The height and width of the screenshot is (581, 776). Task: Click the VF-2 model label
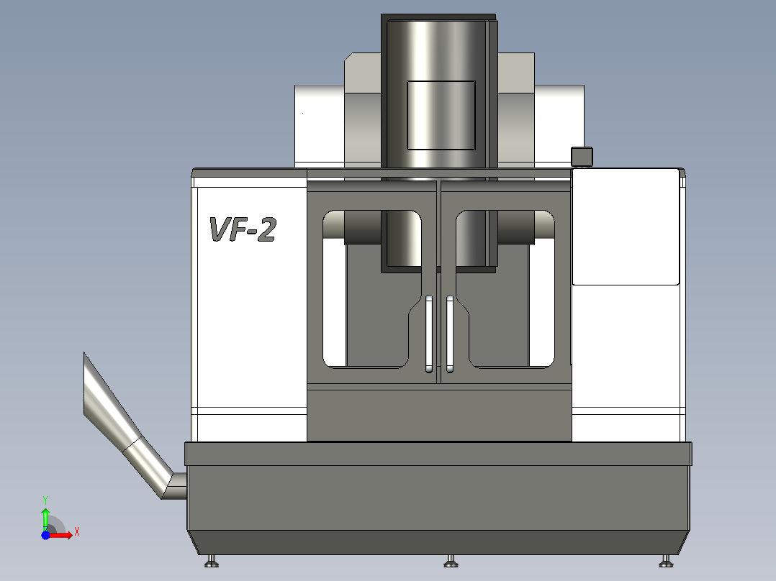[x=243, y=229]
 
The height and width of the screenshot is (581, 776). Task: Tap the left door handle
[x=429, y=334]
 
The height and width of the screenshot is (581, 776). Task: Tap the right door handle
[x=450, y=334]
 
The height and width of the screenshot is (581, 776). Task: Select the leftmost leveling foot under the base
[x=212, y=561]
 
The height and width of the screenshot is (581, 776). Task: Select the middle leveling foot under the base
[x=451, y=561]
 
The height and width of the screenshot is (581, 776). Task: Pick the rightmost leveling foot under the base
[x=666, y=561]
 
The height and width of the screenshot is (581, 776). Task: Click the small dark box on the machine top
[x=582, y=157]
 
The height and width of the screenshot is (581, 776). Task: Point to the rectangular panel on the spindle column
[x=441, y=115]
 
